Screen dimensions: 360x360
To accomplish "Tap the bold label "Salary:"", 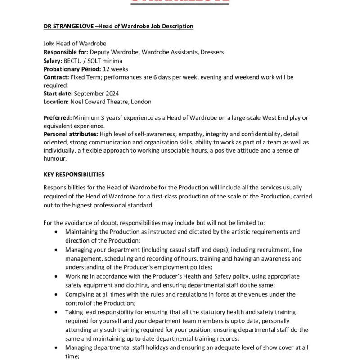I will (x=54, y=61).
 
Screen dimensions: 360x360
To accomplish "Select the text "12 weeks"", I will (x=116, y=69).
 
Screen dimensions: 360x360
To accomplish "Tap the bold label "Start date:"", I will (x=58, y=94).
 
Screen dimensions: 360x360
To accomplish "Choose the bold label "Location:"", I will (x=56, y=102).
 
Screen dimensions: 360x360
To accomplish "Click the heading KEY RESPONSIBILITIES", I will (x=74, y=174).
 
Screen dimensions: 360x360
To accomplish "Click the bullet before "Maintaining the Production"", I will (x=55, y=232).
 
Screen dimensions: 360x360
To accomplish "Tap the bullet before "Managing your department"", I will (x=55, y=250).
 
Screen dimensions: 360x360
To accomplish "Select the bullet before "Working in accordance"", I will (x=55, y=276).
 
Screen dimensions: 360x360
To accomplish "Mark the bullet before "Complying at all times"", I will (x=55, y=294).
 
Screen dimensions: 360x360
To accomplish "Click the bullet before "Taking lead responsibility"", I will (x=55, y=312).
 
